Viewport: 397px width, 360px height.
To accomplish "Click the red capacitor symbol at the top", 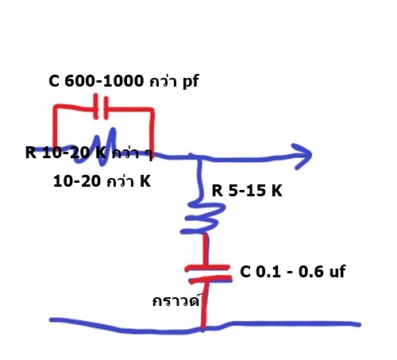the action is coord(101,106).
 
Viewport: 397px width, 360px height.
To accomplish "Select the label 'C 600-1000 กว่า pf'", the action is coord(124,81).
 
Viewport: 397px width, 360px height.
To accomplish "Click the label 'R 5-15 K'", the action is coord(247,190).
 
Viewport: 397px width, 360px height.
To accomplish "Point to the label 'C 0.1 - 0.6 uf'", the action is coord(293,272).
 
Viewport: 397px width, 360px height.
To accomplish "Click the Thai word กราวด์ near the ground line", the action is coord(176,300).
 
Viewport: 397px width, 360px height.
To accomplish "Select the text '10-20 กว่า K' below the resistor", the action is coord(102,182).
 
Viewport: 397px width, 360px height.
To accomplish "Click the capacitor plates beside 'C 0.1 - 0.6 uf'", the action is coord(209,274).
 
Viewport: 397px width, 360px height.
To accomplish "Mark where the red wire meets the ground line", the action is coord(202,328).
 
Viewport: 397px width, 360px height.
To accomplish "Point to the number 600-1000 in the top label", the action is coord(104,81).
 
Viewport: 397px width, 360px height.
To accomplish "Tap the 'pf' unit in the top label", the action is coord(191,82).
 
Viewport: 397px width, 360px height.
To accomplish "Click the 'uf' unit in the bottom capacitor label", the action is coord(336,272).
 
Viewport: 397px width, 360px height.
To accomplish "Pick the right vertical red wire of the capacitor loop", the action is coord(152,132).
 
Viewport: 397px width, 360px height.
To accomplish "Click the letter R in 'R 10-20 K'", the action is coord(31,153).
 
